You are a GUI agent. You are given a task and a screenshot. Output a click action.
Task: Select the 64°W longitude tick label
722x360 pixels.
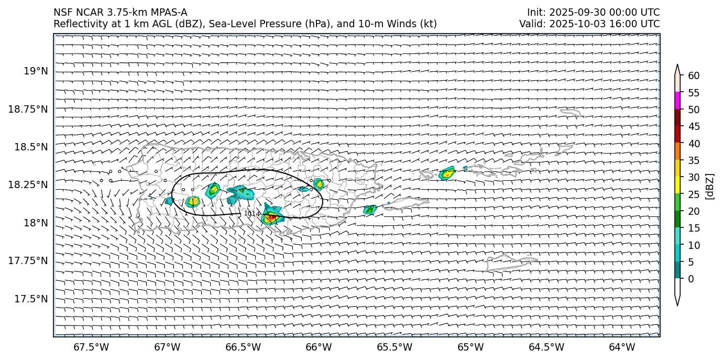coord(622,347)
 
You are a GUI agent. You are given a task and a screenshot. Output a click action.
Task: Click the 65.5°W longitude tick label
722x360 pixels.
coord(395,347)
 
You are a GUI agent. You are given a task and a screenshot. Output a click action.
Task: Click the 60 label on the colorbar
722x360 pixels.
coord(694,76)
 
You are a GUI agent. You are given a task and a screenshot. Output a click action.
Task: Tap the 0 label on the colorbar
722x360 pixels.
coord(691,279)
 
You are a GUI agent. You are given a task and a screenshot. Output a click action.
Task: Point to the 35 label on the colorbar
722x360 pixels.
coord(694,160)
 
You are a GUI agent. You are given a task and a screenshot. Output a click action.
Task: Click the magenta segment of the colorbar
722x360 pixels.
coord(677,101)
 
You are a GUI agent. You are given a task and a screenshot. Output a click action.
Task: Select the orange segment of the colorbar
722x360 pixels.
coord(677,151)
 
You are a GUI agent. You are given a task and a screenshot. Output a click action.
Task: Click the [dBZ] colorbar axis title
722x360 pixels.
coord(710,186)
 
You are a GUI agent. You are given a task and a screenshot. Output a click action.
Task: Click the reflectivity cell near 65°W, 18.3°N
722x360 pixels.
coord(447,173)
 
